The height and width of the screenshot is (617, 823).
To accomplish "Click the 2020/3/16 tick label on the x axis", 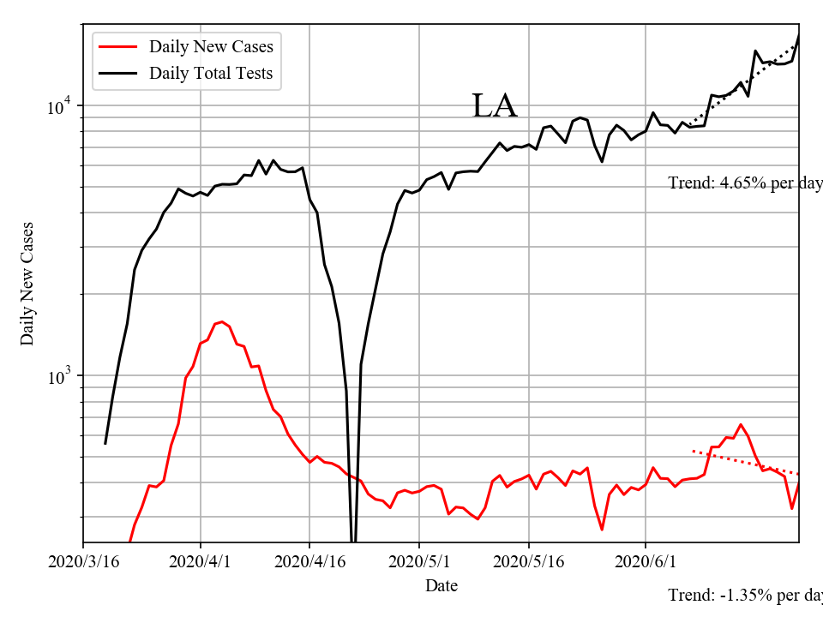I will click(x=83, y=562).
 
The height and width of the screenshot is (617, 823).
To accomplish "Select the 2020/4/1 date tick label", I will click(x=201, y=562).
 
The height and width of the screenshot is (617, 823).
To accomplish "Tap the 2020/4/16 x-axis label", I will click(x=309, y=562).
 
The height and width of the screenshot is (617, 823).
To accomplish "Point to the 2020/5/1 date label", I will click(x=419, y=562).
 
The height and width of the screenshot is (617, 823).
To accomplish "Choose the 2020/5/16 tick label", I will click(x=528, y=562).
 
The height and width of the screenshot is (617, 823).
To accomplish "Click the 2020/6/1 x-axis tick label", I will click(x=646, y=562).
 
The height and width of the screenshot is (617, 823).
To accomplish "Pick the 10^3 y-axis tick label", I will click(x=61, y=376).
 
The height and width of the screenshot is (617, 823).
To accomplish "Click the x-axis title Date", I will click(x=441, y=586).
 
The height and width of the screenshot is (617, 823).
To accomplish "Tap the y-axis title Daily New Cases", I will click(x=27, y=283).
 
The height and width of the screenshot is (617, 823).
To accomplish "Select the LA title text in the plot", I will click(x=495, y=106).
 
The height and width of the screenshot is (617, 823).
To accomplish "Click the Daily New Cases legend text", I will click(x=211, y=46).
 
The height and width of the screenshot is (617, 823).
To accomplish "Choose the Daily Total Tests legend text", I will click(x=211, y=74).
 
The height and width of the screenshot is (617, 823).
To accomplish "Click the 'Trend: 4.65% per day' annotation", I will click(x=744, y=183).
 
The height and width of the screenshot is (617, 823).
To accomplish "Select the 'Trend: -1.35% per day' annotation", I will click(x=744, y=595).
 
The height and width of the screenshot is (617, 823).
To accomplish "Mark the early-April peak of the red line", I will click(x=222, y=322).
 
